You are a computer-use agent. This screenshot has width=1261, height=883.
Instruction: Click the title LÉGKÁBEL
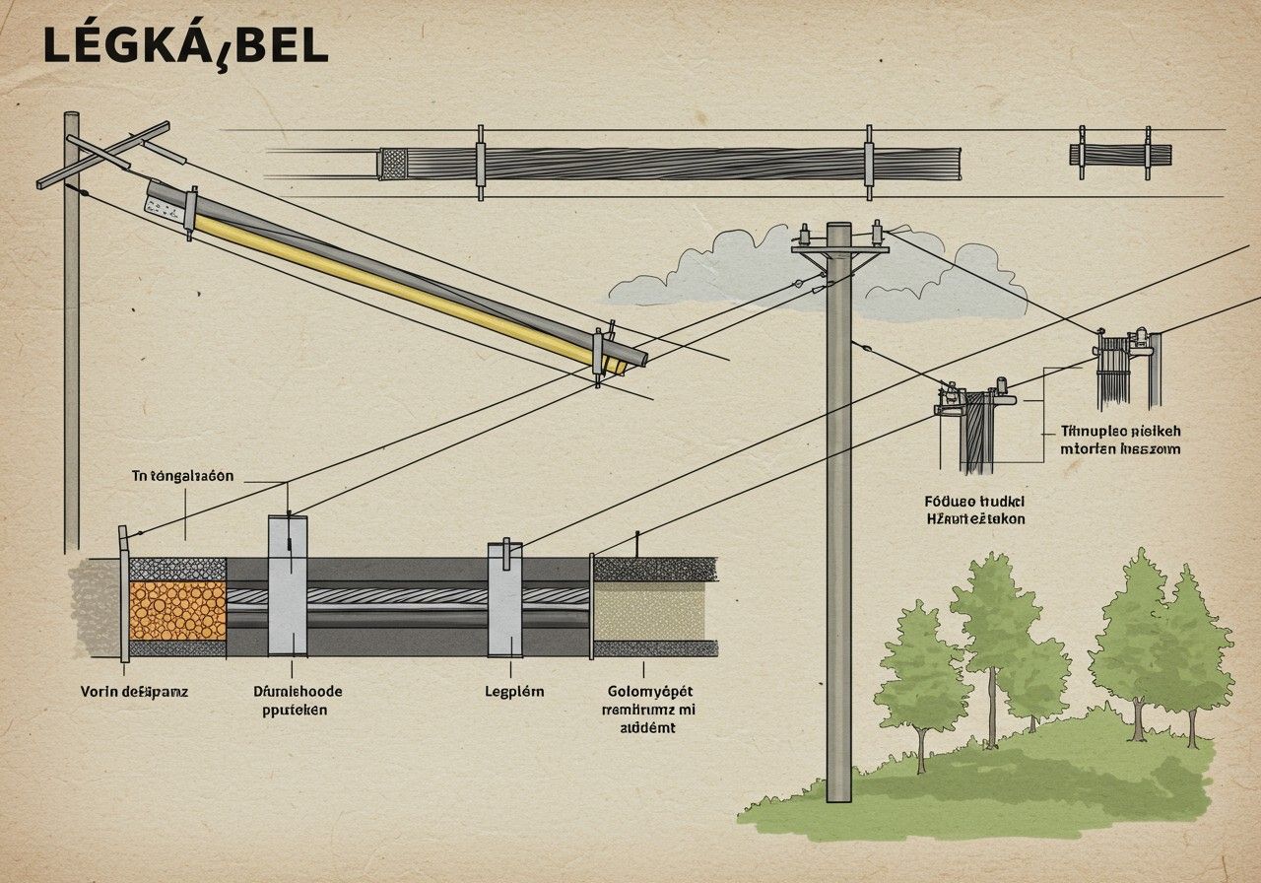point(185,46)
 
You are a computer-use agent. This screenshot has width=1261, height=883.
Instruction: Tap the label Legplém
point(514,691)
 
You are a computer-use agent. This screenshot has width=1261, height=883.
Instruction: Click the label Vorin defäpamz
point(134,691)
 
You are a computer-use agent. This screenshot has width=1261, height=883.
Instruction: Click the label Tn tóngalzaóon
point(183,476)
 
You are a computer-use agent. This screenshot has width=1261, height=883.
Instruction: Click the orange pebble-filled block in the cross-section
point(177,610)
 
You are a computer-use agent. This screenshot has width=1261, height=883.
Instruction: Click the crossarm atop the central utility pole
point(839,249)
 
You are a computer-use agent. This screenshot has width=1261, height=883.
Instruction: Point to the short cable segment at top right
point(1120,155)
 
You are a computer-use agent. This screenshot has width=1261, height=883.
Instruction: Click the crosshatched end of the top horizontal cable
point(394,164)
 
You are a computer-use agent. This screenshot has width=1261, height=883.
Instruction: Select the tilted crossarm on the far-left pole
point(103,155)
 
